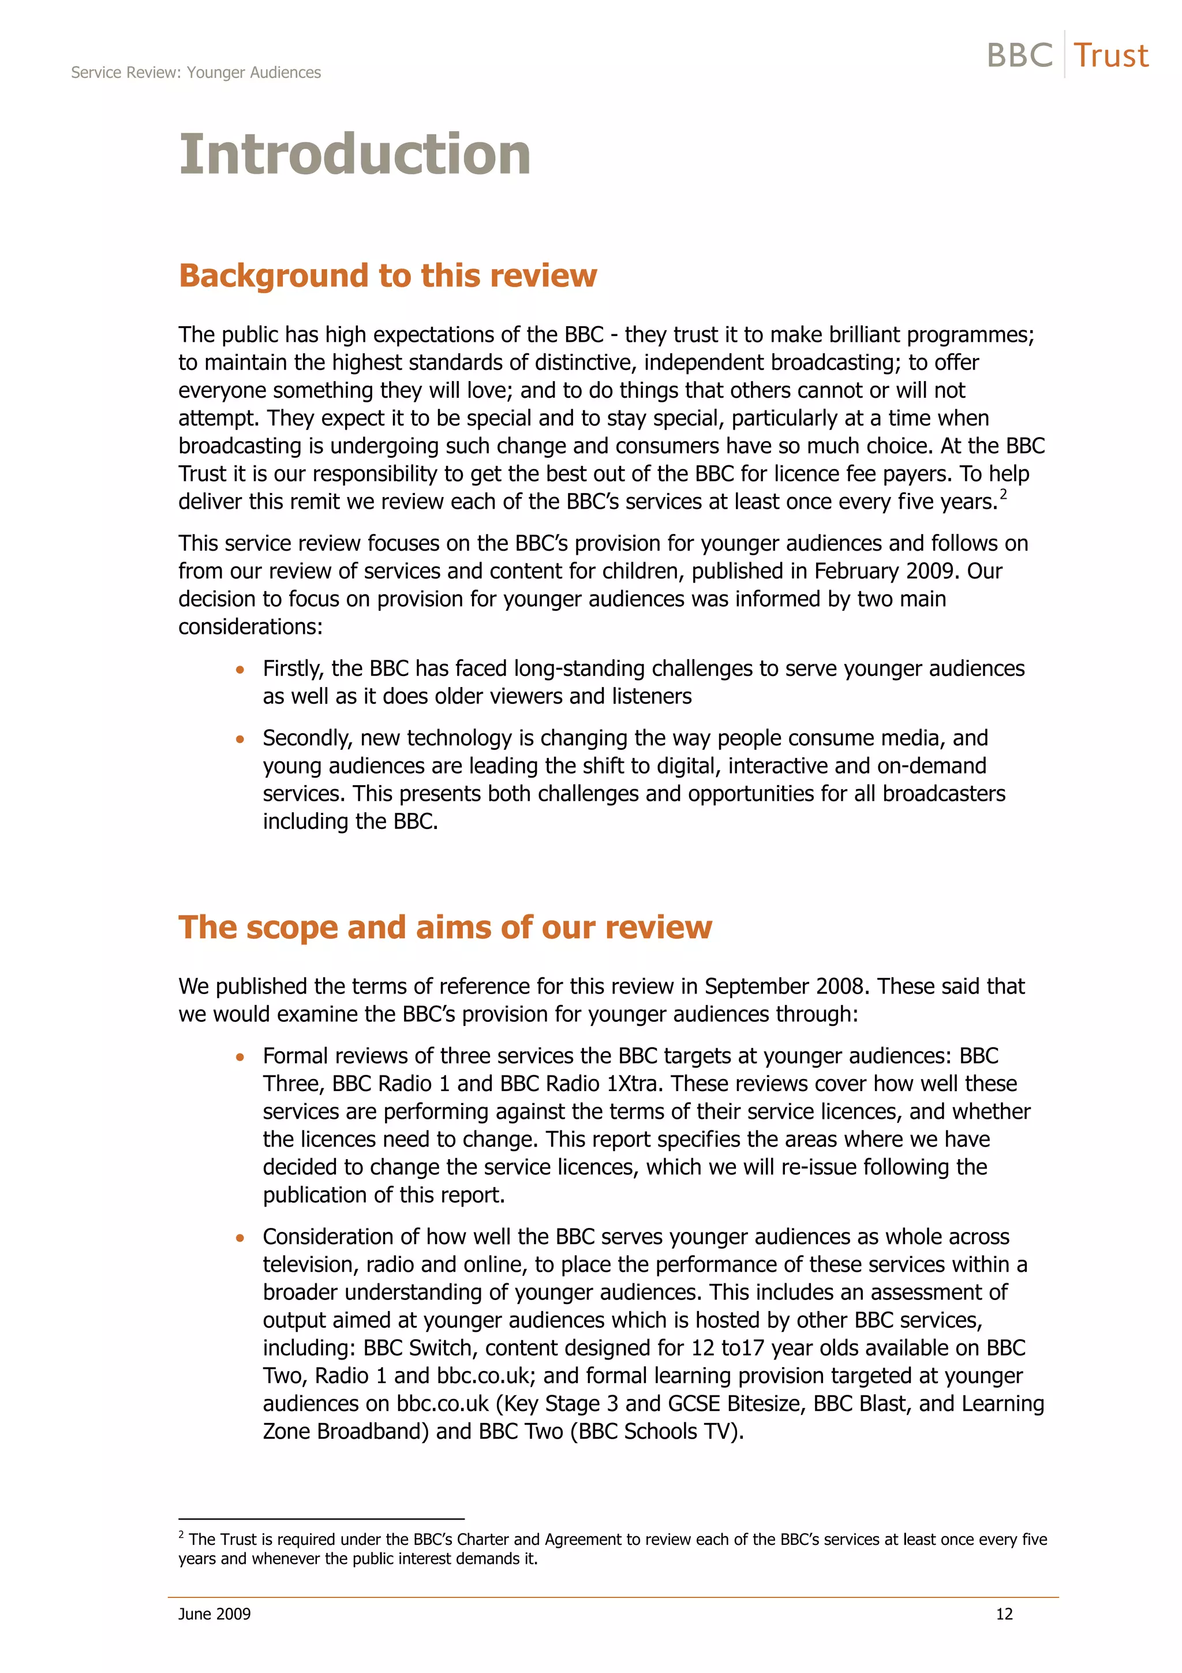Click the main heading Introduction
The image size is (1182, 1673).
(355, 155)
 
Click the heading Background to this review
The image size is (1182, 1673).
(387, 276)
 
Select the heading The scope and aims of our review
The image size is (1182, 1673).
(445, 928)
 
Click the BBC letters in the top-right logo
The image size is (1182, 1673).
(1020, 56)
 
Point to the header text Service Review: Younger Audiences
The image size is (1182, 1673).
(196, 73)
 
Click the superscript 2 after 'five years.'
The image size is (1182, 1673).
(1003, 495)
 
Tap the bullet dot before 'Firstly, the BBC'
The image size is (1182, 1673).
(240, 669)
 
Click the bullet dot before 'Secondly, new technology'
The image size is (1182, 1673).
(240, 739)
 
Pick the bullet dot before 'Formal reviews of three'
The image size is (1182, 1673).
(240, 1056)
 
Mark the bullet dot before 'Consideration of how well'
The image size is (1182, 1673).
(240, 1237)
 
